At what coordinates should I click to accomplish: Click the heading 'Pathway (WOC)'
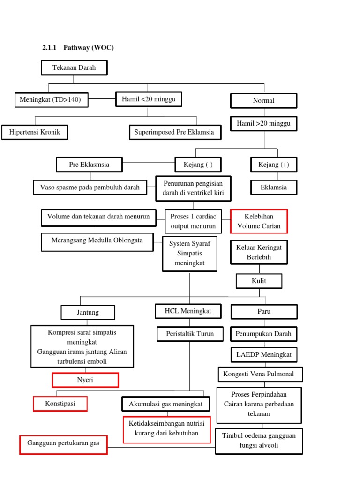(89, 48)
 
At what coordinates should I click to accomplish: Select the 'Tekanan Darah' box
(74, 68)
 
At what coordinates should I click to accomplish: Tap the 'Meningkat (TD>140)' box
(51, 100)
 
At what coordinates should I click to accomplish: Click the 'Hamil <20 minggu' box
(149, 99)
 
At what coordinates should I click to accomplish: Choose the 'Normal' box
(263, 100)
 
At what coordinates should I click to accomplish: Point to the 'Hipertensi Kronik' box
(34, 132)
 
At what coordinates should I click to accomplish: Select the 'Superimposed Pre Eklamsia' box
(174, 132)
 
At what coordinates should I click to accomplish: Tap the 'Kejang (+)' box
(274, 165)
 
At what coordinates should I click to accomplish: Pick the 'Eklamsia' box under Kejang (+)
(274, 187)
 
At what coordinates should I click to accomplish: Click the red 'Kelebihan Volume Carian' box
(259, 221)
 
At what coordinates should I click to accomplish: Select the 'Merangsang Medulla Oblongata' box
(97, 241)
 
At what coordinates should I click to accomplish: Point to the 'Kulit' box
(259, 281)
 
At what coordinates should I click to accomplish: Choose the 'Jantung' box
(87, 312)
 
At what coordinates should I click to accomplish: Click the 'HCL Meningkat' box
(188, 311)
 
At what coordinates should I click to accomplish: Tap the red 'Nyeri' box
(85, 380)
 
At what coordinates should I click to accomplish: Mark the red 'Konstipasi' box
(60, 404)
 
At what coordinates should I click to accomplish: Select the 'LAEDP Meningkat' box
(264, 354)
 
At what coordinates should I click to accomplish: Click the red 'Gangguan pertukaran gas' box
(63, 444)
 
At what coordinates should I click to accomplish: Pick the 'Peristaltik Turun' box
(190, 334)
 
